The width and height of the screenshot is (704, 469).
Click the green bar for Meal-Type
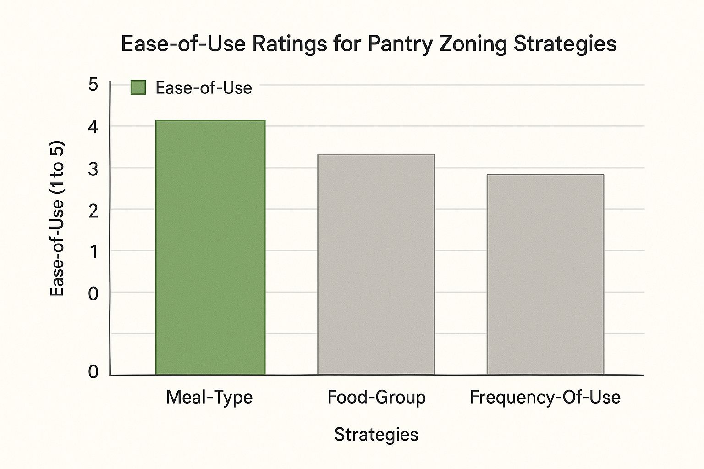tap(210, 247)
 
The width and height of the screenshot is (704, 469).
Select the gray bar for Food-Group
tap(376, 264)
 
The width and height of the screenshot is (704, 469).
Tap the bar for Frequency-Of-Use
tap(545, 274)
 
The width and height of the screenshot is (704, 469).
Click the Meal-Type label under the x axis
tap(209, 397)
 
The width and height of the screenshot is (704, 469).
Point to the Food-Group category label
tap(376, 397)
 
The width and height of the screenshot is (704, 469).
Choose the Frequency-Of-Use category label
tap(545, 397)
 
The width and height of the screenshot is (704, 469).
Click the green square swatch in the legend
tap(138, 87)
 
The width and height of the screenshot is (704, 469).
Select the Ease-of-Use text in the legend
tap(203, 88)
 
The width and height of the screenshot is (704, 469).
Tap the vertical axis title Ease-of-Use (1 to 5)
tap(57, 219)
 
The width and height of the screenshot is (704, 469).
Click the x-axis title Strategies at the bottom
tap(376, 434)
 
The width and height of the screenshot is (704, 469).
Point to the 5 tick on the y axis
tap(93, 85)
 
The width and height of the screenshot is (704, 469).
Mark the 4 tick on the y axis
tap(93, 127)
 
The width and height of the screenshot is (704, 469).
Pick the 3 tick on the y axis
tap(93, 169)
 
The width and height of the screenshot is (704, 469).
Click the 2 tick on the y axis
tap(93, 211)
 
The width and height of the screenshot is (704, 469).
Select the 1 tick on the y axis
tap(93, 252)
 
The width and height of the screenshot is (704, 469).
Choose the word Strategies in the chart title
tap(565, 44)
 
